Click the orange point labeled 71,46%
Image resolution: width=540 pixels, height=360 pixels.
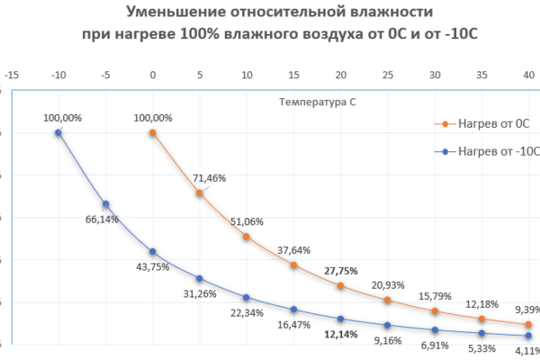[x=200, y=193]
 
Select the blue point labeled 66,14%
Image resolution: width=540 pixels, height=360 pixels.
[x=105, y=204]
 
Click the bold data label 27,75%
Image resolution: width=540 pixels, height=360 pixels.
[x=337, y=270]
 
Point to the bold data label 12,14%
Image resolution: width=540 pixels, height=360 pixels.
[x=341, y=334]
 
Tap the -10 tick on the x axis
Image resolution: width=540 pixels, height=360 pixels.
[x=58, y=76]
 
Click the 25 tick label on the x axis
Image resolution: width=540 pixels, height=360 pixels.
[x=387, y=76]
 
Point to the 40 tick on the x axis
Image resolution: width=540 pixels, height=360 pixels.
[x=527, y=76]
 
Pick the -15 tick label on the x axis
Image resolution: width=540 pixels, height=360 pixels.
[x=12, y=76]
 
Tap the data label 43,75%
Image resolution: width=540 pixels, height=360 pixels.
[x=151, y=267]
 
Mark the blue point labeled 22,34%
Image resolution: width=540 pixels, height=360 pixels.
[x=247, y=297]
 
